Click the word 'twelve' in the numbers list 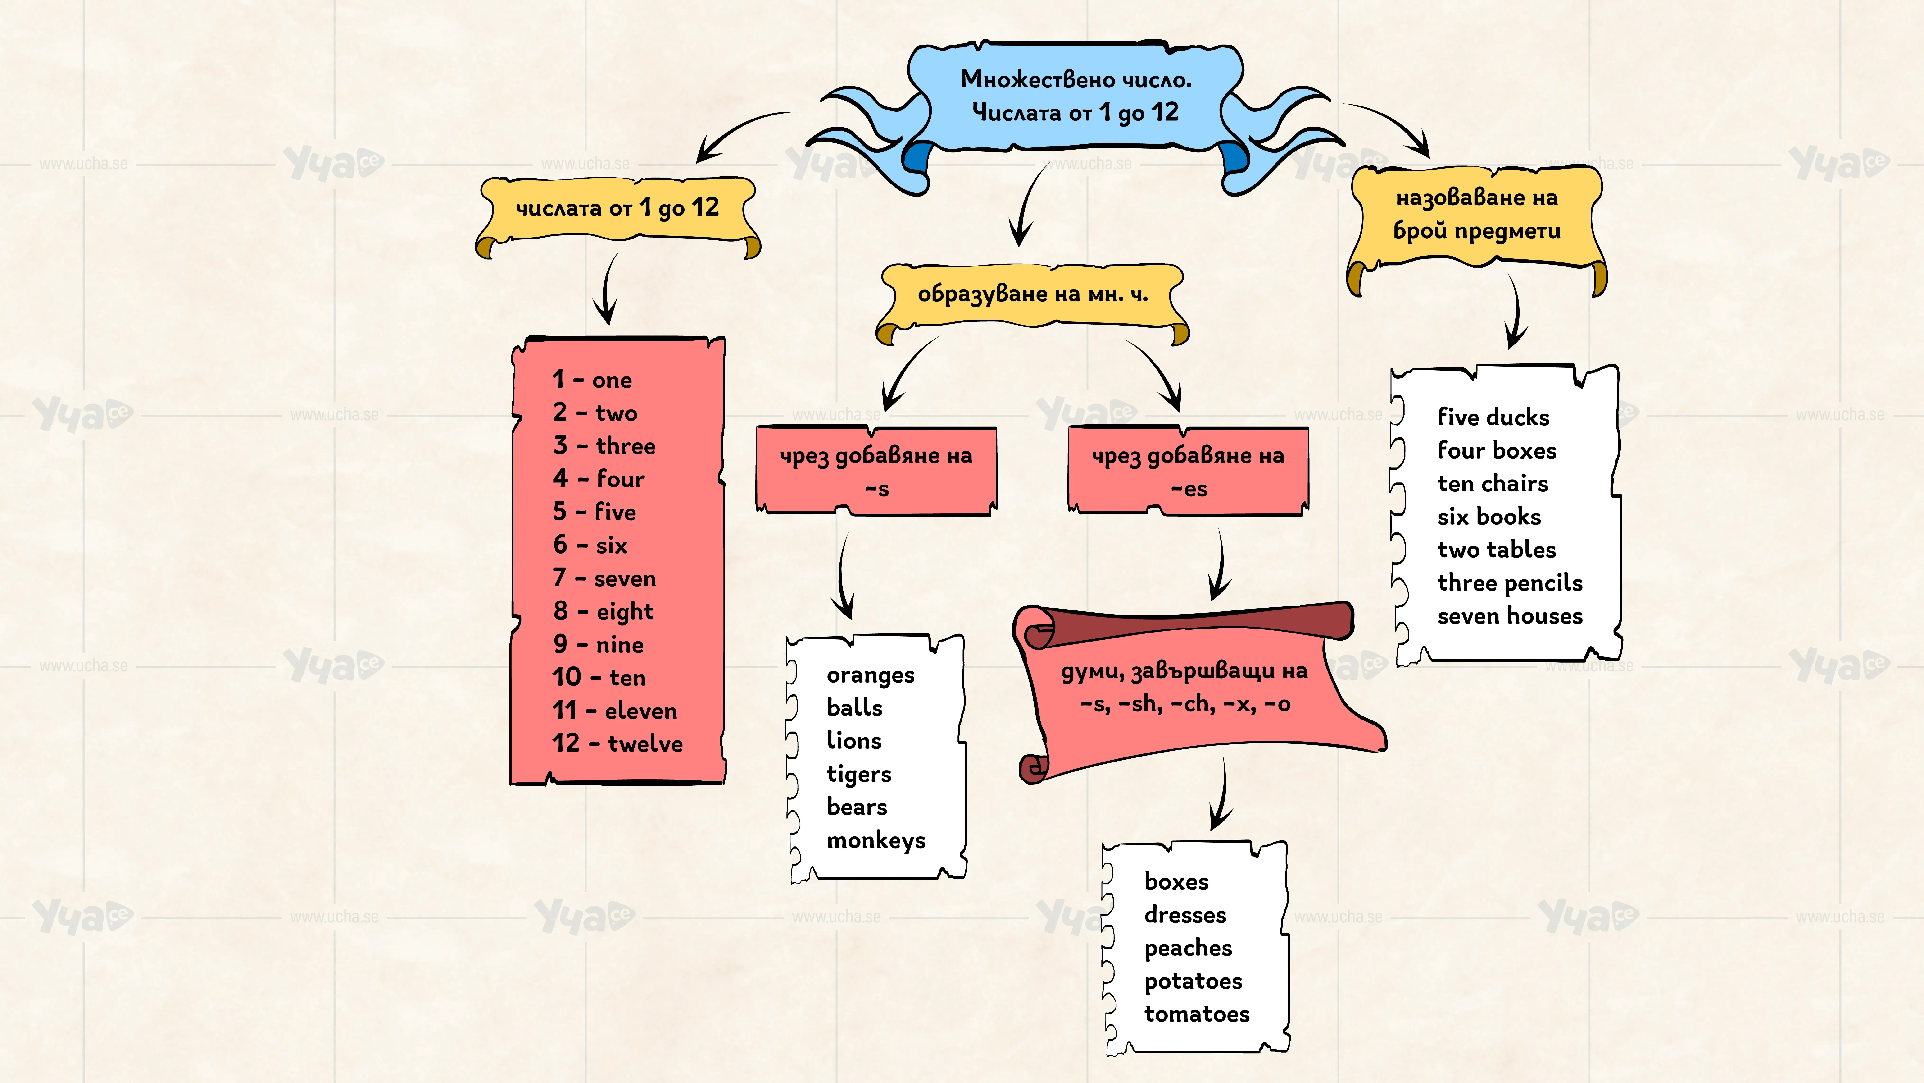coord(645,744)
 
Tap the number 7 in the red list coord(559,578)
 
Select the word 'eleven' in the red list coord(641,711)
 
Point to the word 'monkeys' coord(876,841)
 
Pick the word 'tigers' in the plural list coord(859,774)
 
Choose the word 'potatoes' coord(1193,981)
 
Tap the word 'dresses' coord(1185,915)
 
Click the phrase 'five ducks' coord(1494,417)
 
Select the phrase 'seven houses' coord(1510,616)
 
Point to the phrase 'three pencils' coord(1510,583)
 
